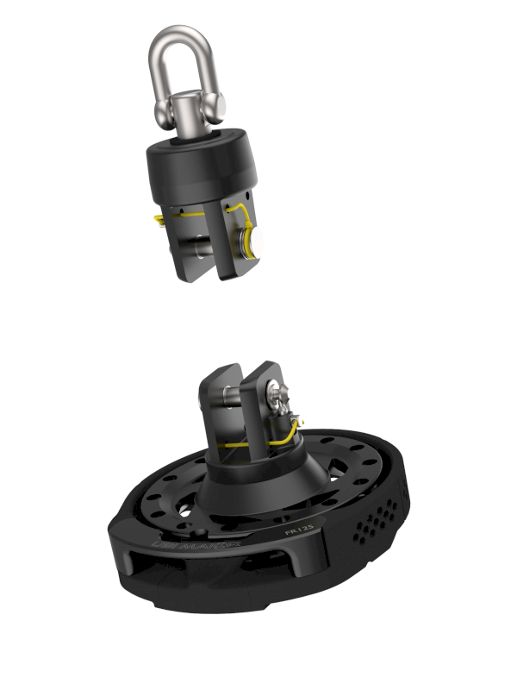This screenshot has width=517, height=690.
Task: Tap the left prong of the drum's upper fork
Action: point(215,397)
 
